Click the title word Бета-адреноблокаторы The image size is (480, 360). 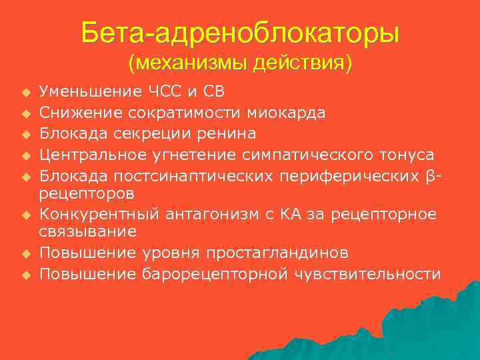coord(240,32)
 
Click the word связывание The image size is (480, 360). coord(87,231)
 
